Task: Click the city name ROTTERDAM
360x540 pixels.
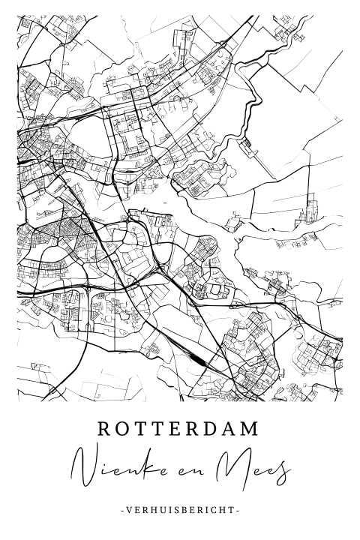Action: point(179,428)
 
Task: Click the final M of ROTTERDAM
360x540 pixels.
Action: point(254,428)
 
